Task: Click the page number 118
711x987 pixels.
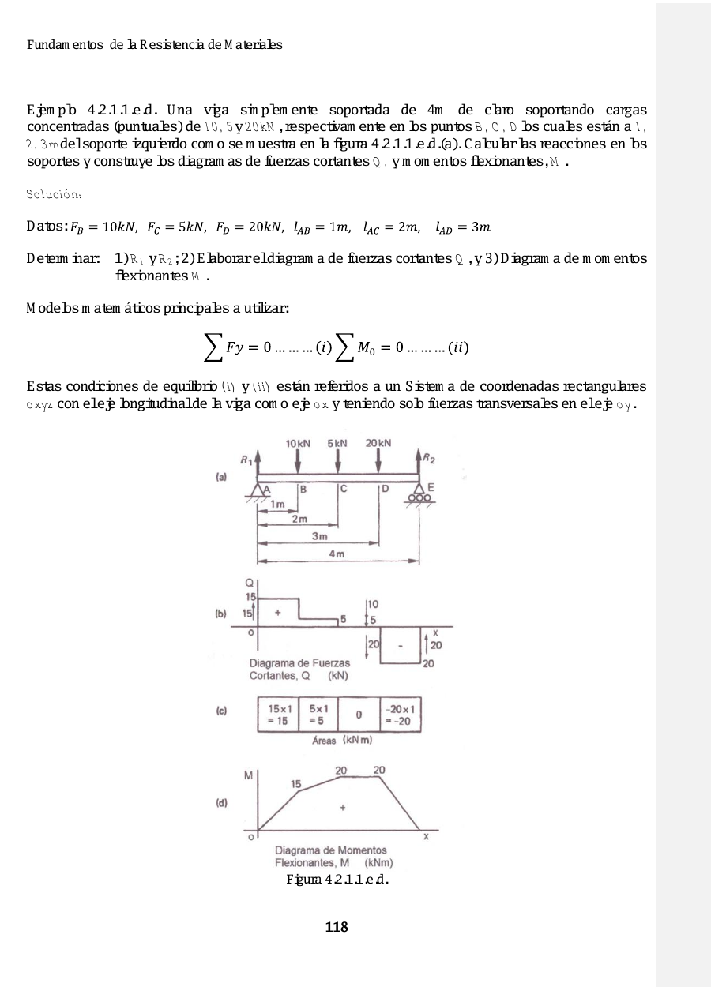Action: click(x=337, y=927)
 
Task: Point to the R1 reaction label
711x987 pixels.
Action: click(x=246, y=459)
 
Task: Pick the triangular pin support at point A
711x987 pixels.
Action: click(x=257, y=493)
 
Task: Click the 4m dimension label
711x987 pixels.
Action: click(x=337, y=554)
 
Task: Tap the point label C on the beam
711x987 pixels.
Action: click(x=344, y=489)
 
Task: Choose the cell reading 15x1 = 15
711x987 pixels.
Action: click(x=278, y=714)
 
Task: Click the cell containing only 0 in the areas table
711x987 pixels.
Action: click(x=359, y=715)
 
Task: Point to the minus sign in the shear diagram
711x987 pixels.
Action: click(x=401, y=646)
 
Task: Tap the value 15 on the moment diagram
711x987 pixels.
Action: click(x=295, y=784)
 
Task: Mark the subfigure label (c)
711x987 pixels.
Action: click(x=223, y=711)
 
